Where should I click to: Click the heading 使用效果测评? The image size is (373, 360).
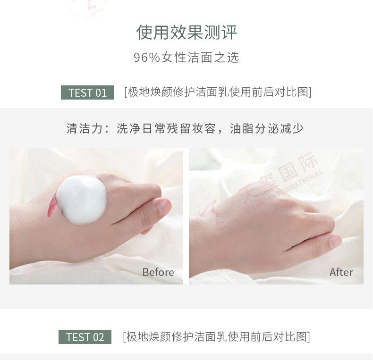[x=187, y=33]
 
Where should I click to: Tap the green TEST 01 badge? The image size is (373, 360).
[x=87, y=92]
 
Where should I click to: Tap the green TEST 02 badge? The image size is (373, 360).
[x=85, y=337]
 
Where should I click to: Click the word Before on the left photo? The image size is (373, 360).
[x=158, y=272]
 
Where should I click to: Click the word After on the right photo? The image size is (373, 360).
[x=341, y=272]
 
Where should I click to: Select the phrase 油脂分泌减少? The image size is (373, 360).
[x=266, y=129]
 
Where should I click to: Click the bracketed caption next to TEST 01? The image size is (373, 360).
[x=218, y=92]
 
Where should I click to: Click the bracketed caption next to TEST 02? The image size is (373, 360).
[x=216, y=336]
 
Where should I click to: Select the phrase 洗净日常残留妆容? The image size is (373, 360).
[x=166, y=129]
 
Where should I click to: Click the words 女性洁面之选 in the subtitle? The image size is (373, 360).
[x=200, y=58]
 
